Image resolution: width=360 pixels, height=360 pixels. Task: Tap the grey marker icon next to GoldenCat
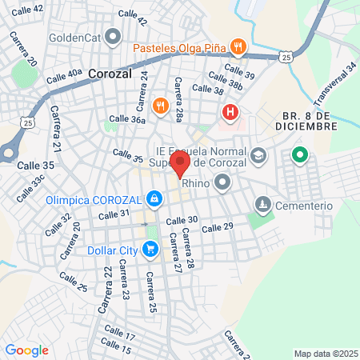coord(113,36)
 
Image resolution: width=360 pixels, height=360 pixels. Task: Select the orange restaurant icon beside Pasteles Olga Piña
coord(237,46)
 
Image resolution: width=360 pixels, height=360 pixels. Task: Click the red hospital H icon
coord(231,112)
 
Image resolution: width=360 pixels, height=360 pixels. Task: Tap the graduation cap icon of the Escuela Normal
coord(258,155)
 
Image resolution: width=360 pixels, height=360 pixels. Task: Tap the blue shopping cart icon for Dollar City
coord(149,249)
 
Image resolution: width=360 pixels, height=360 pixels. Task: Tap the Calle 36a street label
coord(127,119)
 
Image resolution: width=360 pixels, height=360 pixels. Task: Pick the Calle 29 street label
coord(218,229)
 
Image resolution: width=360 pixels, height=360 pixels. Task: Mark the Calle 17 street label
coord(118,335)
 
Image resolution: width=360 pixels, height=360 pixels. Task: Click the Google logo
coord(26,350)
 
